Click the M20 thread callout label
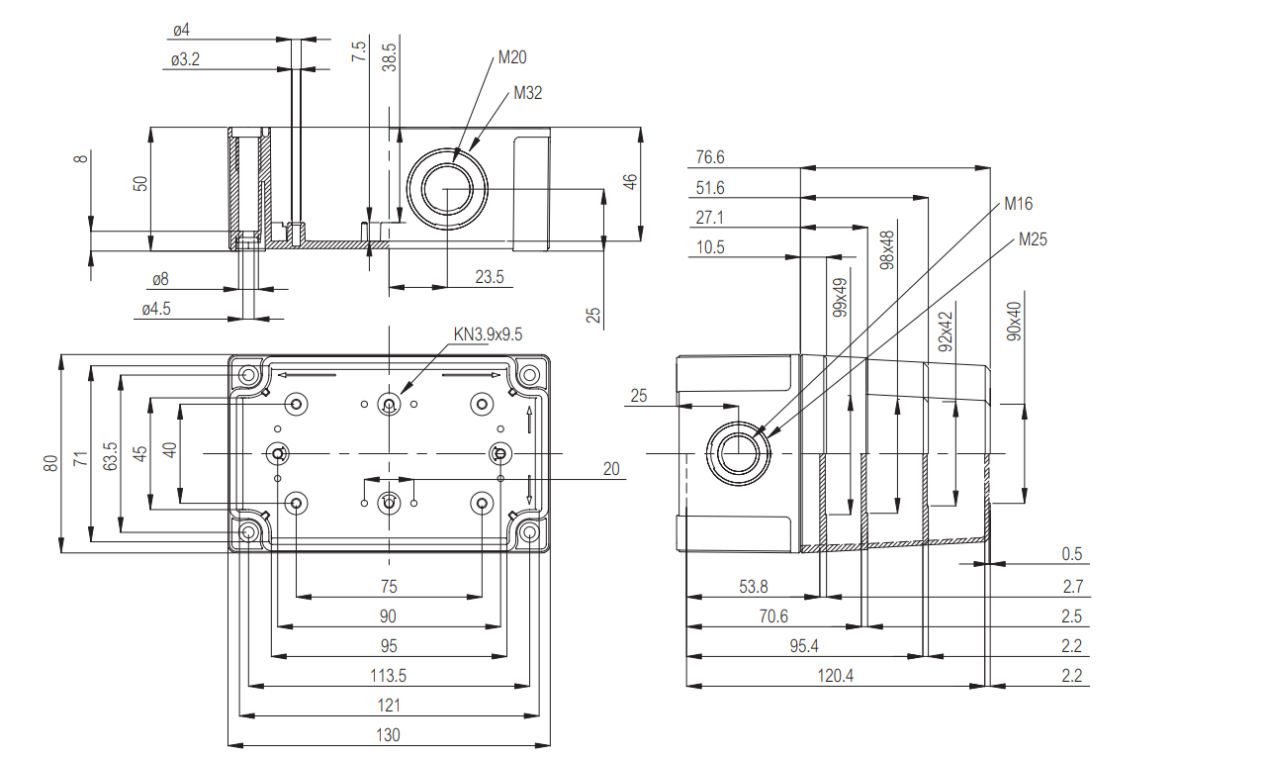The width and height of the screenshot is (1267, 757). [512, 57]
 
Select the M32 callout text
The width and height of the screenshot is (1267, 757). [528, 93]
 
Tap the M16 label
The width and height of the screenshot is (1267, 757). [1018, 204]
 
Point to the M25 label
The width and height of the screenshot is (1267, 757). [1033, 239]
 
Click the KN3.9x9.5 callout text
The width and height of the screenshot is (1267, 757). [488, 334]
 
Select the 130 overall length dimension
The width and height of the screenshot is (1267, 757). [388, 735]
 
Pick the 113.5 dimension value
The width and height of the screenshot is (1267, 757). [388, 676]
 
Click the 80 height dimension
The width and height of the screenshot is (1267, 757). [50, 463]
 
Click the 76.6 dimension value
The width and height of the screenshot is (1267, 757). [710, 157]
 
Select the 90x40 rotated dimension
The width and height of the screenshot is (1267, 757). [1015, 321]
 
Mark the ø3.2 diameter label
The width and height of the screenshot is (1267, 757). [185, 60]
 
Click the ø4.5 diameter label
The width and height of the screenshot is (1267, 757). [156, 309]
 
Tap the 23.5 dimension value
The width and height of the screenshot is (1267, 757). [489, 278]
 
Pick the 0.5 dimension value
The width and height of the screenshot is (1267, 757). [1072, 554]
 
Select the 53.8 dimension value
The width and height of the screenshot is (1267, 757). [753, 587]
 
